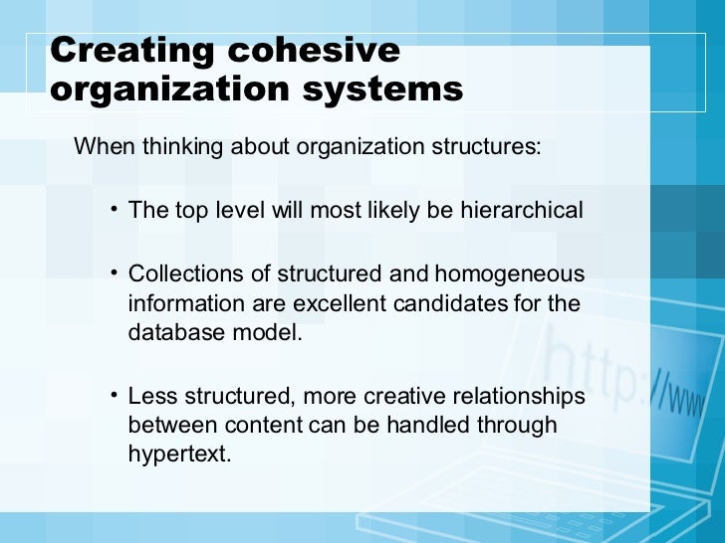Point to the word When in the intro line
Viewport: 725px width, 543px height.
click(105, 147)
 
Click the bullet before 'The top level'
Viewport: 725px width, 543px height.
click(115, 210)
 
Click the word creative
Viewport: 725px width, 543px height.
click(407, 396)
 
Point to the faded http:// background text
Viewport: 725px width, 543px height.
click(617, 368)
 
